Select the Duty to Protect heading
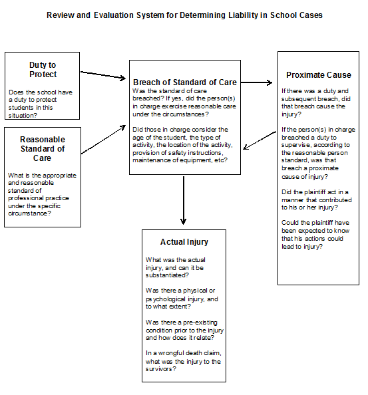42,70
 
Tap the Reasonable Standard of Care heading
42,149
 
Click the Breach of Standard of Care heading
185,82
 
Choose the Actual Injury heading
184,242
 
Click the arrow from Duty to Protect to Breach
103,75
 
